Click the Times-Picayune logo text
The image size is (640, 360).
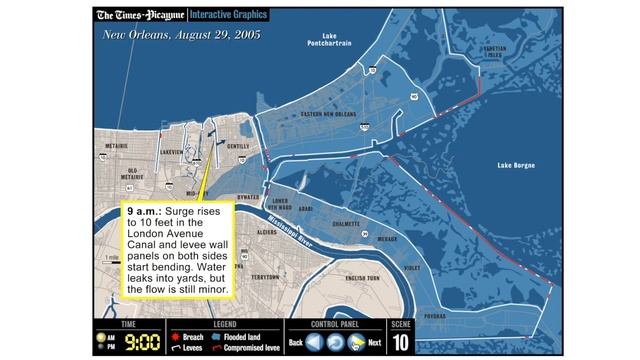pos(139,15)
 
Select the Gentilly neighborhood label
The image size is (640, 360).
pos(239,146)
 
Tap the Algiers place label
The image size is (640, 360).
pos(267,231)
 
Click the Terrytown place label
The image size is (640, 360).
pos(266,276)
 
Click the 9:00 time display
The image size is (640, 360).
pos(142,343)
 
